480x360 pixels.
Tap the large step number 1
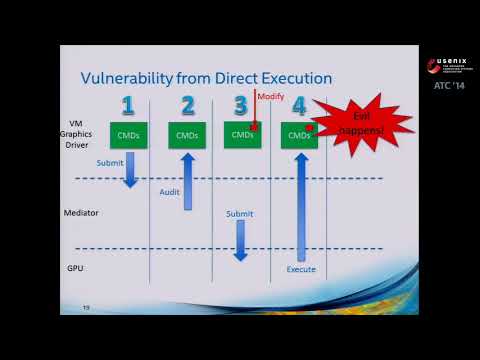coord(127,106)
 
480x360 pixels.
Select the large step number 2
coord(188,106)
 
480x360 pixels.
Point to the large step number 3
coord(240,106)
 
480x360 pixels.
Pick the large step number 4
coord(299,106)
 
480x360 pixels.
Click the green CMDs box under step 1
coord(128,135)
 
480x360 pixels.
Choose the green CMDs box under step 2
coord(187,135)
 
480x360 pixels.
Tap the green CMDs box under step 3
coord(242,135)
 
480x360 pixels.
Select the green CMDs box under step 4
coord(299,135)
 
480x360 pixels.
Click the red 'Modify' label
coord(271,96)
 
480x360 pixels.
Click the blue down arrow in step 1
coord(129,170)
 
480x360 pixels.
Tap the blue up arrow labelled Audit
coord(187,180)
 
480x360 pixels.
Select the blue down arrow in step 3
coord(240,241)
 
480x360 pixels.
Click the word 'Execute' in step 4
coord(301,270)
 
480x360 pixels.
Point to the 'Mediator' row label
coord(82,213)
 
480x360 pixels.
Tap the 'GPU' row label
coord(75,269)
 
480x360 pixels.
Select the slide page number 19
coord(86,307)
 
